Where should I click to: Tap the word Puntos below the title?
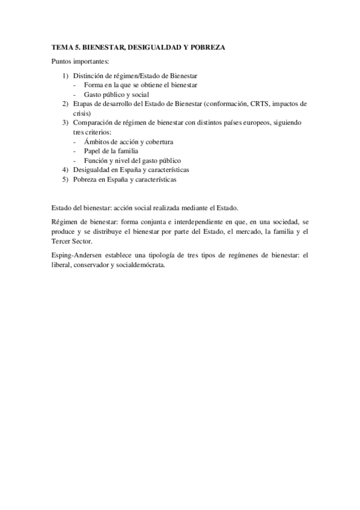click(63, 61)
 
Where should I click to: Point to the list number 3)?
click(66, 122)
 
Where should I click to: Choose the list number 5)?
click(66, 179)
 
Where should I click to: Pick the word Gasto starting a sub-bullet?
click(93, 94)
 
